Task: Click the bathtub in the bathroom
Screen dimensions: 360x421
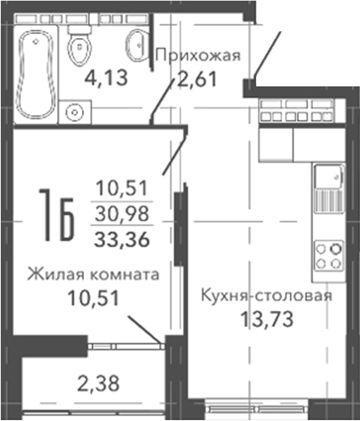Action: pyautogui.click(x=36, y=74)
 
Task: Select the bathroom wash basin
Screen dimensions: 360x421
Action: pyautogui.click(x=138, y=45)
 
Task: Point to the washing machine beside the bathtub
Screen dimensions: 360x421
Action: pyautogui.click(x=75, y=112)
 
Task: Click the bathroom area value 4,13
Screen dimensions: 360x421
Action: pyautogui.click(x=106, y=78)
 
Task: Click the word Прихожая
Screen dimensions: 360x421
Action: pyautogui.click(x=198, y=54)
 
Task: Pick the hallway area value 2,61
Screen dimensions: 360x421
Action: pyautogui.click(x=197, y=79)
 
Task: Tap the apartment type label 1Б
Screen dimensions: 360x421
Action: pyautogui.click(x=57, y=214)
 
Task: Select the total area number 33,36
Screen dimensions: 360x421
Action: pyautogui.click(x=122, y=239)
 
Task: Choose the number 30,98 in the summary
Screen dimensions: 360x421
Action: pyautogui.click(x=122, y=214)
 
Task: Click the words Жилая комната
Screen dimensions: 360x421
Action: pyautogui.click(x=93, y=274)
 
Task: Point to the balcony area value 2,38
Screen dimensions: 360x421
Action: pyautogui.click(x=98, y=384)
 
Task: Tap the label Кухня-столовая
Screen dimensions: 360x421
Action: pyautogui.click(x=267, y=296)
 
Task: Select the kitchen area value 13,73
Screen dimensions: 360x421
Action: pyautogui.click(x=267, y=319)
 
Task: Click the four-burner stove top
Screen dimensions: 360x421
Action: pyautogui.click(x=329, y=256)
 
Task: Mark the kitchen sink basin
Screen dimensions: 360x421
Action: pyautogui.click(x=329, y=176)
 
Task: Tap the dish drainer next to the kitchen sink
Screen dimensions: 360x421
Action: pyautogui.click(x=329, y=201)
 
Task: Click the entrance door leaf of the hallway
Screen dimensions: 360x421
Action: pyautogui.click(x=267, y=54)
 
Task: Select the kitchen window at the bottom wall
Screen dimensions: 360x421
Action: pyautogui.click(x=257, y=409)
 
